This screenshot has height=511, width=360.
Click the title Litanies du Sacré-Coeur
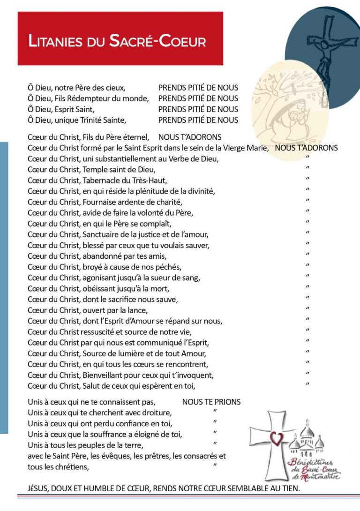117,41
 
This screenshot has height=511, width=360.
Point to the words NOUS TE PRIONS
211,402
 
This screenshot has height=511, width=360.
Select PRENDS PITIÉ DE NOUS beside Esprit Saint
198,109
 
